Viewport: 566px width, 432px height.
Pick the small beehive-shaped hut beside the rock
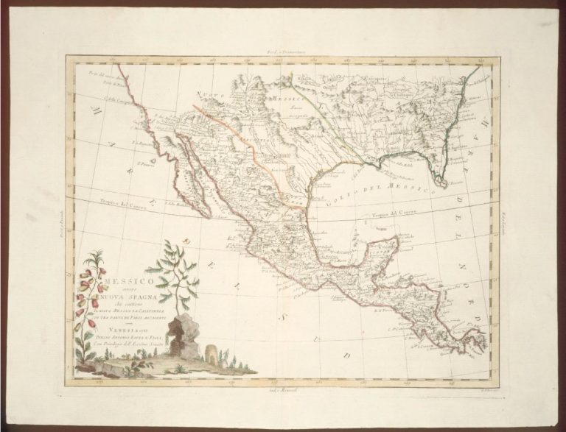pos(209,351)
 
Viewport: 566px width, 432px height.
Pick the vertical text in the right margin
pos(508,221)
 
